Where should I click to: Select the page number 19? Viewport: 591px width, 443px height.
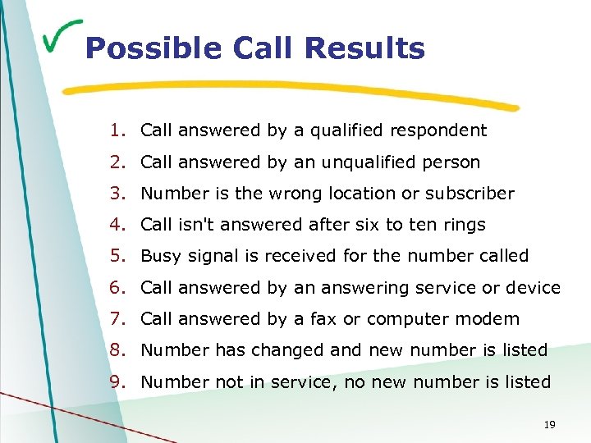click(x=550, y=425)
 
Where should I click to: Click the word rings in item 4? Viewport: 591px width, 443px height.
click(x=464, y=225)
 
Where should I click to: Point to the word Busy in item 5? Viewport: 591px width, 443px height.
click(x=160, y=256)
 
